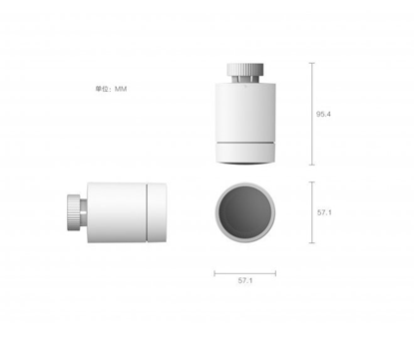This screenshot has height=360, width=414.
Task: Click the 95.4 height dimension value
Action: [323, 115]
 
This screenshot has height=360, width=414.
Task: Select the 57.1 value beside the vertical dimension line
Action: [323, 212]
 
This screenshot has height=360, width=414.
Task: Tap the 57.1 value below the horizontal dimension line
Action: [244, 282]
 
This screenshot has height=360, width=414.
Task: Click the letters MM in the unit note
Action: [121, 89]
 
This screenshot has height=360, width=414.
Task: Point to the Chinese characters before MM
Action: [103, 89]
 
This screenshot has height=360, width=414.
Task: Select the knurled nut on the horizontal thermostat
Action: [74, 211]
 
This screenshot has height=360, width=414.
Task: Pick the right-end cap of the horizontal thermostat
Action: [156, 211]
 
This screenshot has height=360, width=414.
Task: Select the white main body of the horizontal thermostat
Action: [117, 211]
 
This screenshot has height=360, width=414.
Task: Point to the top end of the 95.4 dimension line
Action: [312, 64]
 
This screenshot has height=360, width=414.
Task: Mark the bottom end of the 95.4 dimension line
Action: [312, 166]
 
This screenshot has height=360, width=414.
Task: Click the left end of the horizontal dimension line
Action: [215, 270]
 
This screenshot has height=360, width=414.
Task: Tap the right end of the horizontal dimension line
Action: [274, 270]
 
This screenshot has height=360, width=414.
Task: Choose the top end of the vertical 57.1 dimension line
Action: [312, 182]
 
